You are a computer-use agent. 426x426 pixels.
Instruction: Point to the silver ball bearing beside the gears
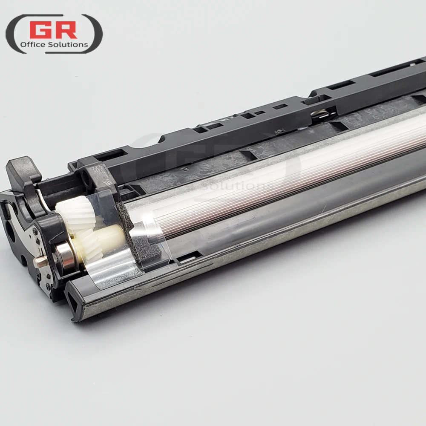65,255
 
